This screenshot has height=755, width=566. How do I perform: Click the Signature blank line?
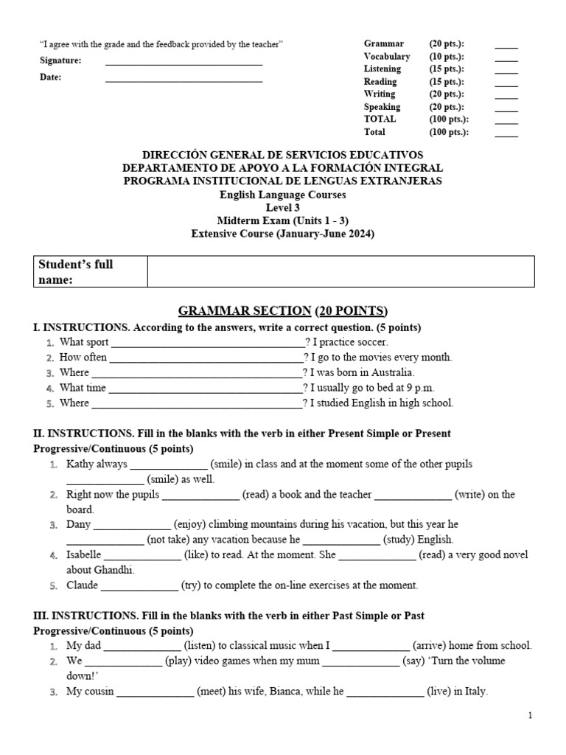click(x=184, y=63)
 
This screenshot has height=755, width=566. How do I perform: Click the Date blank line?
click(x=184, y=80)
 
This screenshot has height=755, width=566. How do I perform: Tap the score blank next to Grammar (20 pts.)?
click(x=506, y=46)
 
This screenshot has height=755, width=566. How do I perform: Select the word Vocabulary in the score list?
click(x=387, y=57)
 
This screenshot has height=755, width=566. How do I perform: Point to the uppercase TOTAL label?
click(x=380, y=119)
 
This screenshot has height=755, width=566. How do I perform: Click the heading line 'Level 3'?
click(x=282, y=208)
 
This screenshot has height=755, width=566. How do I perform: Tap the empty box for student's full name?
click(x=340, y=271)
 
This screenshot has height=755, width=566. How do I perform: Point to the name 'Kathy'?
click(x=80, y=465)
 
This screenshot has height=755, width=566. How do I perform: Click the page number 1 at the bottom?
click(x=530, y=715)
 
